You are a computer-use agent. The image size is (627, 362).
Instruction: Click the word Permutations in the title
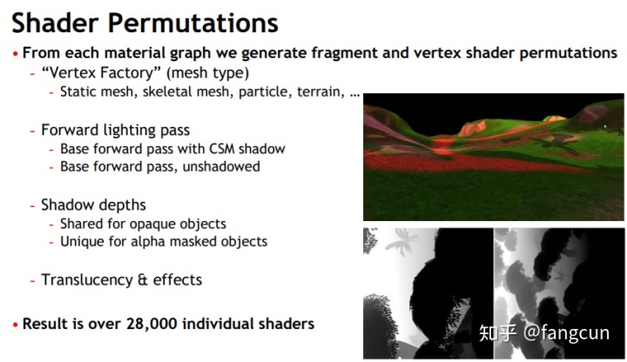coord(193,23)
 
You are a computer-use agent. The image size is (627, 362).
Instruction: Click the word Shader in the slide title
coord(55,23)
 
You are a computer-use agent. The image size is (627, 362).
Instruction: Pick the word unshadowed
coord(221,166)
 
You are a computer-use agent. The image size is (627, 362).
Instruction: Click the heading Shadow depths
coord(93,205)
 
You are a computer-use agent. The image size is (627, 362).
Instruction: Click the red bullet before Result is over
coord(15,325)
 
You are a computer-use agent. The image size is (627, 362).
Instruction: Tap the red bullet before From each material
coord(15,54)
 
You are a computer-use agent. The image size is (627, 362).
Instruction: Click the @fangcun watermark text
coord(566,332)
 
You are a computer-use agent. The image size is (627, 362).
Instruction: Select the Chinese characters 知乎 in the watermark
coord(497,332)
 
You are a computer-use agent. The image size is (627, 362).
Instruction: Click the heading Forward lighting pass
coord(115,131)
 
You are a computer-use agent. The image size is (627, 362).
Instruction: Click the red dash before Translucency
coord(33,280)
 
